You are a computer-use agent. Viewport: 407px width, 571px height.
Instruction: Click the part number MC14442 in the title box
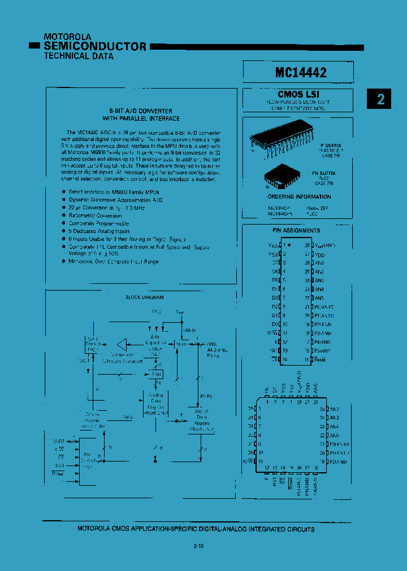click(300, 73)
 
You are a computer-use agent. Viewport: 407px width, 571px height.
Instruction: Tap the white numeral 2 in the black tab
click(381, 99)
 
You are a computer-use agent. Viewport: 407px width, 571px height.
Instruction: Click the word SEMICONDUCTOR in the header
click(95, 46)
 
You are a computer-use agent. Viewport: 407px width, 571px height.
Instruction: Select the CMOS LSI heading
click(299, 94)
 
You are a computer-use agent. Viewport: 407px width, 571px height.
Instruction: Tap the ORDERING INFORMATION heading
click(299, 197)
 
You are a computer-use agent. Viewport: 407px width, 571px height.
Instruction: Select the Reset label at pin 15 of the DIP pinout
click(320, 359)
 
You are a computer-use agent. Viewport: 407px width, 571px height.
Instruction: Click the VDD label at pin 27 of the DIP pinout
click(320, 254)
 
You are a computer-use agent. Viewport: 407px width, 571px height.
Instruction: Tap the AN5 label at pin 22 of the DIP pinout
click(319, 297)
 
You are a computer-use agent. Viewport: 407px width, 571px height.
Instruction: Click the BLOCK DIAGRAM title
click(144, 297)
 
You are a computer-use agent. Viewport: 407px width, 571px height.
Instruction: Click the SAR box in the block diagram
click(156, 374)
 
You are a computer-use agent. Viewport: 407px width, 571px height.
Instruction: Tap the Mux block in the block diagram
click(182, 343)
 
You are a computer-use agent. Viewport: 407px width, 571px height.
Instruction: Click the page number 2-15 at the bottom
click(198, 546)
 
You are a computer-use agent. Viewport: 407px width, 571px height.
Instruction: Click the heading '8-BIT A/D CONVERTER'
click(141, 111)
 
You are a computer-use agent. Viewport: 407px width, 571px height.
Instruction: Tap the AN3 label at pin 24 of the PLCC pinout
click(334, 418)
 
